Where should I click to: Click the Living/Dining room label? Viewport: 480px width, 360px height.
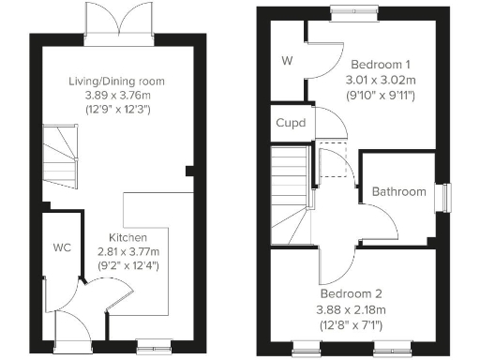(x=117, y=81)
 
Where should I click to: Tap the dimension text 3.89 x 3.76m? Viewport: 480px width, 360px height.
(x=117, y=95)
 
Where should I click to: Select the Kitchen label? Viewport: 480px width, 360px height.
(x=128, y=238)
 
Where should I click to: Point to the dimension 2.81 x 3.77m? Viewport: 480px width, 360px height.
(x=128, y=252)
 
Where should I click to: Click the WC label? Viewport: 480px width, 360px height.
(x=62, y=248)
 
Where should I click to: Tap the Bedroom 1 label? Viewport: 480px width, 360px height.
(x=376, y=67)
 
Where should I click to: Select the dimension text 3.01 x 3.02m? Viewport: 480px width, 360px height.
(x=376, y=81)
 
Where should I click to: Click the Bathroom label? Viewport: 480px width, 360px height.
(x=398, y=192)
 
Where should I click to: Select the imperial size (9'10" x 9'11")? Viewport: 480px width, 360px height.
(x=376, y=96)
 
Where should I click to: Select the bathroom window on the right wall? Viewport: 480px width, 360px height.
(x=447, y=198)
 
